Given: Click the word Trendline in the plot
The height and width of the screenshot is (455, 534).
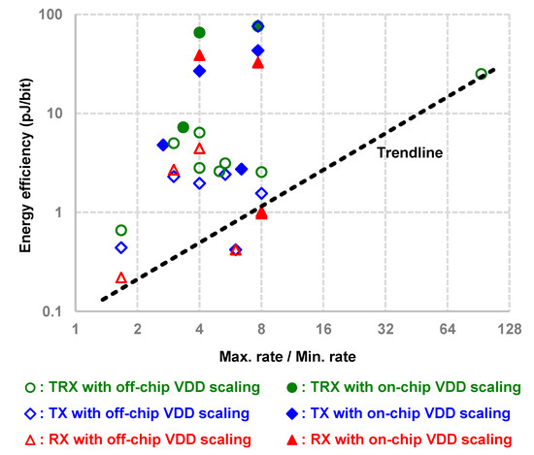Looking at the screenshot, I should point(411,152).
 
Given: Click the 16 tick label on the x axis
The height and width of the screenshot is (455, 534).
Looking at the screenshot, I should point(323,328).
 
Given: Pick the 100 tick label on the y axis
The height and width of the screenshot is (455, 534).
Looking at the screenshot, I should point(51,16).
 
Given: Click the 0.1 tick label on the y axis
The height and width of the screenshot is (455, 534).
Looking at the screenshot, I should point(53,311).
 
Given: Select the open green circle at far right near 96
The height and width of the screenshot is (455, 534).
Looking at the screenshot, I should point(482,74).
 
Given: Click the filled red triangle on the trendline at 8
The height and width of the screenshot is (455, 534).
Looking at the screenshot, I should point(261,212).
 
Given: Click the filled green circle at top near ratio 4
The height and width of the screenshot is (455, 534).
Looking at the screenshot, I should point(200,33).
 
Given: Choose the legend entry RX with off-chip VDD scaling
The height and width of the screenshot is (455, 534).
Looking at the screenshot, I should point(137,439).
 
